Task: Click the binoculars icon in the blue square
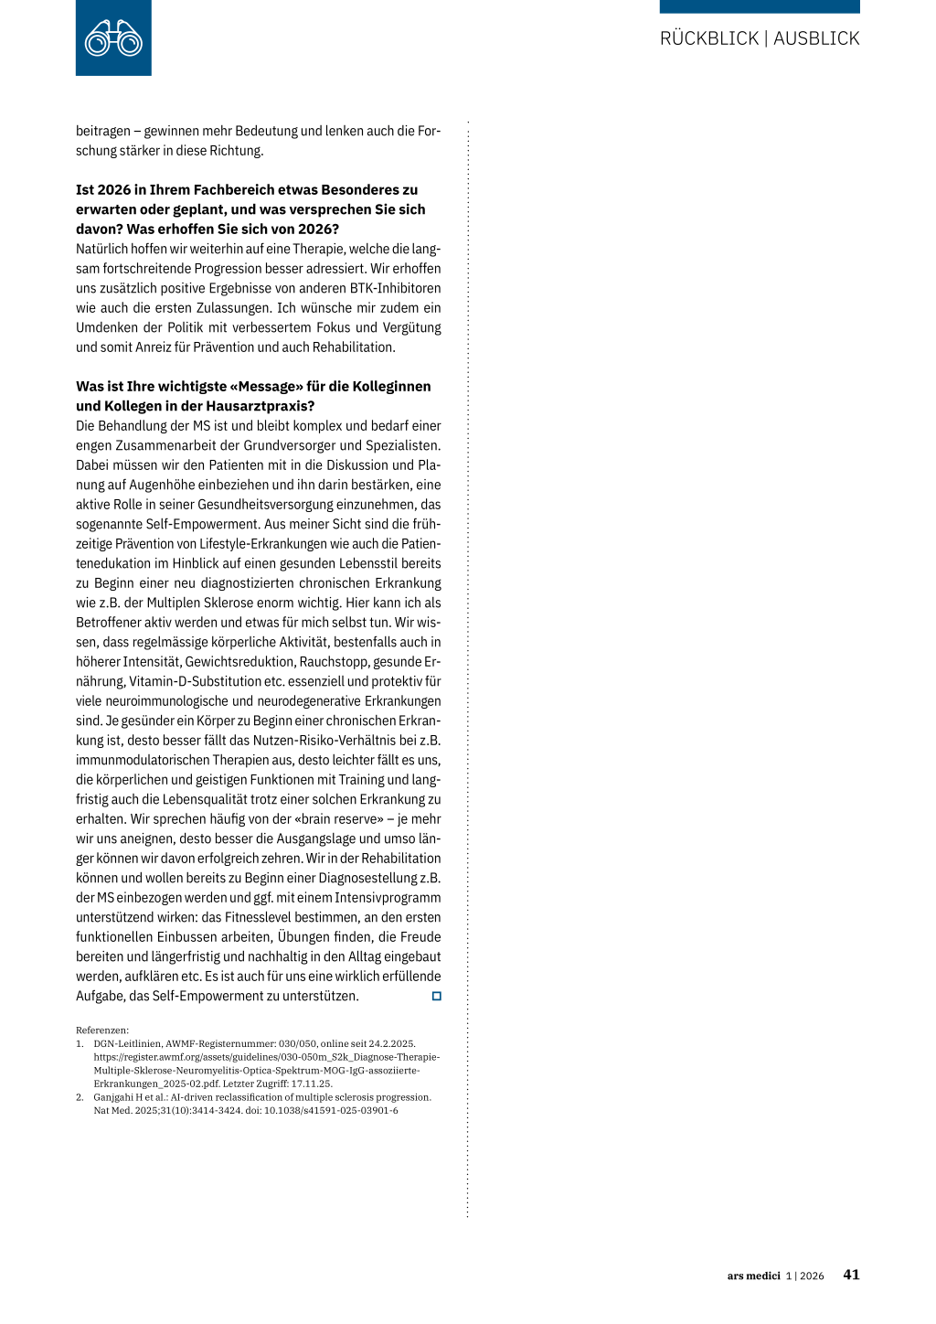pyautogui.click(x=113, y=39)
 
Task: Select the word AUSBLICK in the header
pyautogui.click(x=816, y=38)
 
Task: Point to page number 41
pyautogui.click(x=851, y=1275)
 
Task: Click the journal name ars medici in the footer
pyautogui.click(x=753, y=1276)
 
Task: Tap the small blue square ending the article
pyautogui.click(x=436, y=996)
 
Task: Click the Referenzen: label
pyautogui.click(x=102, y=1030)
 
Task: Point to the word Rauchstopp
pyautogui.click(x=336, y=662)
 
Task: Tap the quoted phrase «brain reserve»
pyautogui.click(x=339, y=819)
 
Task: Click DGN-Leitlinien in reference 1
pyautogui.click(x=125, y=1043)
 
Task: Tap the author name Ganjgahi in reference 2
pyautogui.click(x=114, y=1097)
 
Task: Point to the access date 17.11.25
pyautogui.click(x=312, y=1084)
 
